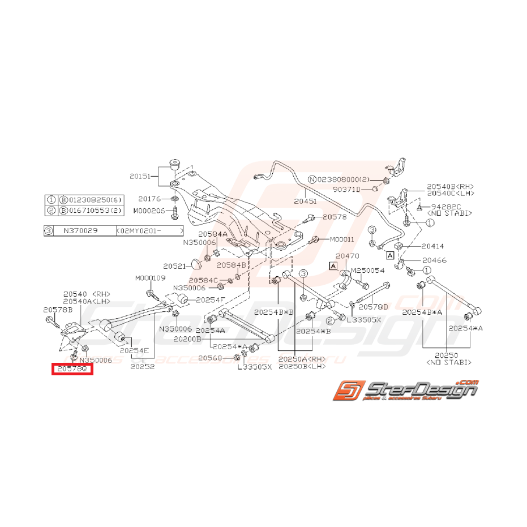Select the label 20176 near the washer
pos(149,199)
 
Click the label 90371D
pos(352,189)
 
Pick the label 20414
pos(433,246)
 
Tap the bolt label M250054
pos(369,271)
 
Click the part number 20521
pos(175,265)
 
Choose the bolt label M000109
pos(150,278)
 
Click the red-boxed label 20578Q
pos(72,370)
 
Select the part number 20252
pos(143,366)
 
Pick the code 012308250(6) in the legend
pos(93,200)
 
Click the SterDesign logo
pos(404,392)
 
